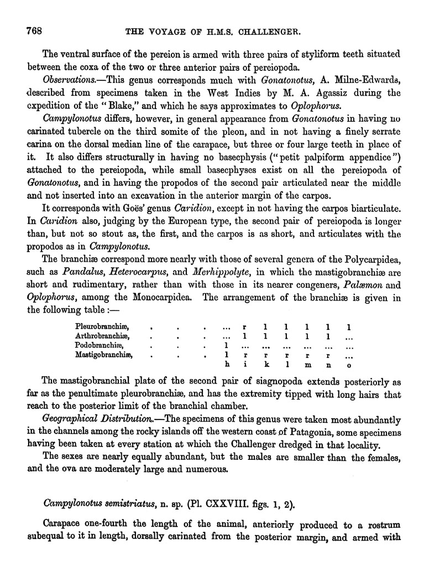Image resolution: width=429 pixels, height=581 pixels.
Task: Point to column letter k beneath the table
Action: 266,365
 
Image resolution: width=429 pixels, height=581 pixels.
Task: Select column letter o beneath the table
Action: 347,365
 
